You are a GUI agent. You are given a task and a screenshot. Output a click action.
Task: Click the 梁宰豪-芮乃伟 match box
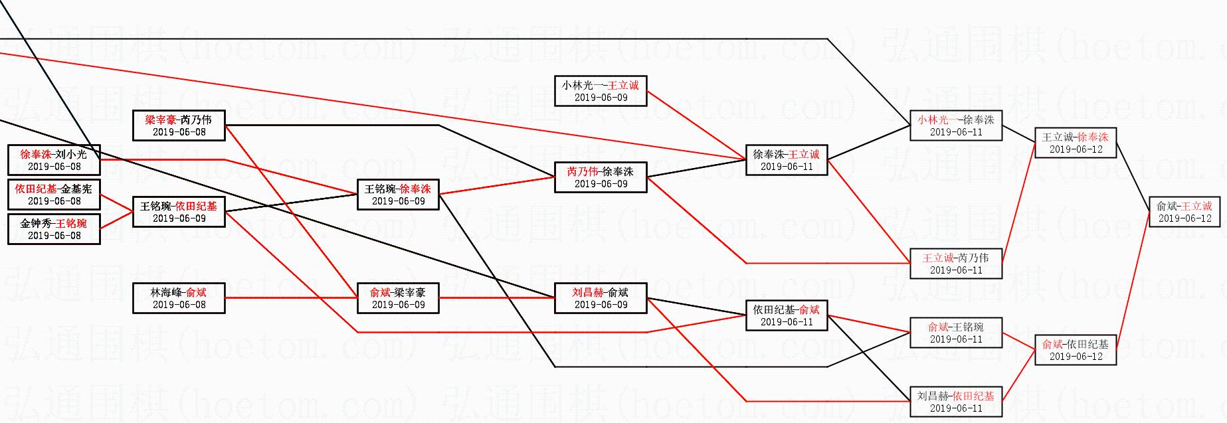pyautogui.click(x=179, y=126)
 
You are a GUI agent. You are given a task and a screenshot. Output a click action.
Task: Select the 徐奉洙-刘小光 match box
pyautogui.click(x=54, y=160)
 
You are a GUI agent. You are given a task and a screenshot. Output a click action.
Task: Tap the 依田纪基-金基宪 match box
pyautogui.click(x=54, y=195)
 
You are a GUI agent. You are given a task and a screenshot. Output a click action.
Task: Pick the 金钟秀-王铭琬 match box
pyautogui.click(x=54, y=229)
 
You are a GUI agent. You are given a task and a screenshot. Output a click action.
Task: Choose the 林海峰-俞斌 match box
pyautogui.click(x=179, y=298)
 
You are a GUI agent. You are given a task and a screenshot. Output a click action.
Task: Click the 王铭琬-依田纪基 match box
pyautogui.click(x=179, y=212)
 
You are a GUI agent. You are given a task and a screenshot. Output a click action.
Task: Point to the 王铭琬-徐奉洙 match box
pyautogui.click(x=398, y=195)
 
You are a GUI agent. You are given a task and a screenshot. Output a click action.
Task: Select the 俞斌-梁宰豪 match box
pyautogui.click(x=398, y=298)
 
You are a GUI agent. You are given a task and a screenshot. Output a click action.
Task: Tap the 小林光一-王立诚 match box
pyautogui.click(x=601, y=91)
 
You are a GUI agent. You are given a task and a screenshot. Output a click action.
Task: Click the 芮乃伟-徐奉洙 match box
pyautogui.click(x=601, y=177)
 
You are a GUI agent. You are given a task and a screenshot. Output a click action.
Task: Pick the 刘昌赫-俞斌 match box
pyautogui.click(x=601, y=298)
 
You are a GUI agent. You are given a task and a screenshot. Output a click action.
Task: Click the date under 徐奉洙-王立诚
pyautogui.click(x=787, y=167)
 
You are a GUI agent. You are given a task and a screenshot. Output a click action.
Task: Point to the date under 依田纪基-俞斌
pyautogui.click(x=787, y=322)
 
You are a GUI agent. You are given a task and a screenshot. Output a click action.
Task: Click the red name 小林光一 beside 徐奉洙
pyautogui.click(x=938, y=120)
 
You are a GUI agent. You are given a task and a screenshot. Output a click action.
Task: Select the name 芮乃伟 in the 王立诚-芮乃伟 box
pyautogui.click(x=973, y=258)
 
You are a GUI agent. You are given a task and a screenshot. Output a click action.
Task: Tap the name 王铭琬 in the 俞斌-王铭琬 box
pyautogui.click(x=968, y=327)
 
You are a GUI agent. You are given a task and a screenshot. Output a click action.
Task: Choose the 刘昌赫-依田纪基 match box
pyautogui.click(x=955, y=402)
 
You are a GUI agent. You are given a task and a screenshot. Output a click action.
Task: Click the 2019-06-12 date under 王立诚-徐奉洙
pyautogui.click(x=1076, y=149)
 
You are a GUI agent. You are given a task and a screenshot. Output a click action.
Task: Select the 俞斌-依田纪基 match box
pyautogui.click(x=1076, y=350)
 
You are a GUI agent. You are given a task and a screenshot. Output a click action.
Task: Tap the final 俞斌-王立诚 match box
pyautogui.click(x=1184, y=212)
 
